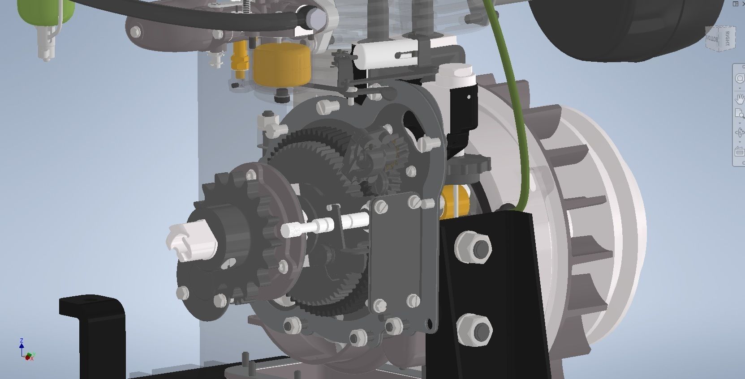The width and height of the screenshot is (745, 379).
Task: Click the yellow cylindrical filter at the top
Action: coord(281,65)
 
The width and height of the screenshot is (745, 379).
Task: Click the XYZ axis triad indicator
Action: coord(26,351)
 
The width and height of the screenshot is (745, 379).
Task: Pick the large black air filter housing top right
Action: coord(627,27)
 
